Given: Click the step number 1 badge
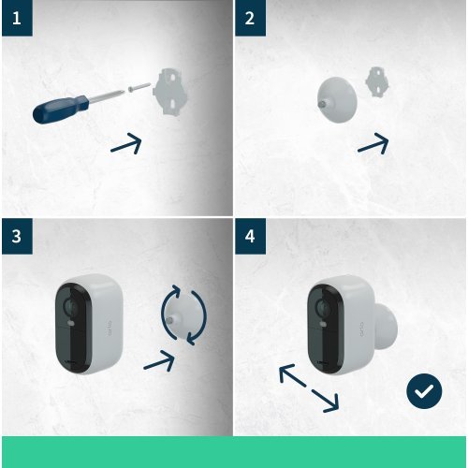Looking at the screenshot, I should pyautogui.click(x=16, y=18).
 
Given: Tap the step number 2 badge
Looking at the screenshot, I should pyautogui.click(x=249, y=18).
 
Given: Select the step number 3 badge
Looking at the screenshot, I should pyautogui.click(x=16, y=236).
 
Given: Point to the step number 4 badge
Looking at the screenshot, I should pyautogui.click(x=249, y=236).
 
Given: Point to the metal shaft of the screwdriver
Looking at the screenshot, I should pyautogui.click(x=109, y=94).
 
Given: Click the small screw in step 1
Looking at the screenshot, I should pyautogui.click(x=138, y=86).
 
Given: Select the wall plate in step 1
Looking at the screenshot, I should pyautogui.click(x=170, y=90).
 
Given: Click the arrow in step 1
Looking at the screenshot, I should pyautogui.click(x=125, y=143).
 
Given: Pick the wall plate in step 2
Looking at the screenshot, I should pyautogui.click(x=379, y=81).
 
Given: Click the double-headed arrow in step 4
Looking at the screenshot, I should pyautogui.click(x=309, y=388).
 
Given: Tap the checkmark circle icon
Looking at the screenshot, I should pyautogui.click(x=424, y=390).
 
